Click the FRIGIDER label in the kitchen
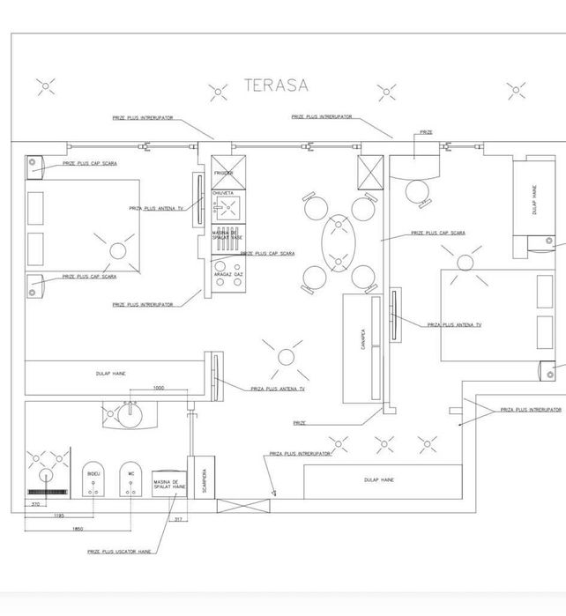pos(224,173)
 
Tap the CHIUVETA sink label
pos(223,192)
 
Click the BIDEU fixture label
pos(94,473)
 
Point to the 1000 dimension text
pos(159,388)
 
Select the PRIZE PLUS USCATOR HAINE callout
pos(118,552)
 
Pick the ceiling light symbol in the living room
pos(286,356)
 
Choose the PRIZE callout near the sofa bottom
pos(300,423)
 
